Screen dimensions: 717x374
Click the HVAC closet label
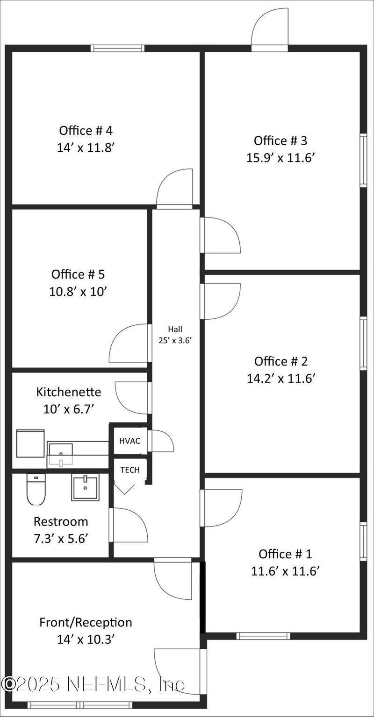pos(129,441)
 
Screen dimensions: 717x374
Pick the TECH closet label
pos(129,470)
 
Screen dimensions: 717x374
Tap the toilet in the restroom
pos(35,490)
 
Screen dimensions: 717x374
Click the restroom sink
pos(86,488)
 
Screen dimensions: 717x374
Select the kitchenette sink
pos(60,454)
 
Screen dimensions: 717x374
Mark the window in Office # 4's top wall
pos(117,48)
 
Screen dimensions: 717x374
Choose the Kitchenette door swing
pos(132,398)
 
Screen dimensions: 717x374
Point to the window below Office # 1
pos(263,636)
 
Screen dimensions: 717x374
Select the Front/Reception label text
pos(86,622)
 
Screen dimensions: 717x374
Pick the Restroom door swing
pos(129,525)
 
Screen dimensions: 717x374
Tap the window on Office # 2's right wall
pos(363,343)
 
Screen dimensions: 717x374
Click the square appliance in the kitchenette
pos(30,444)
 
